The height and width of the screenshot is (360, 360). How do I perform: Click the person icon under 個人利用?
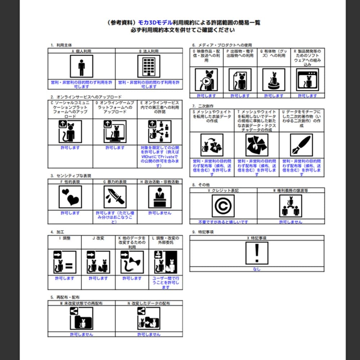point(81,66)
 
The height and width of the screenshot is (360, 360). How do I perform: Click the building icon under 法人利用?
point(149,66)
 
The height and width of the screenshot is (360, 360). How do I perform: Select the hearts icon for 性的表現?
point(70,197)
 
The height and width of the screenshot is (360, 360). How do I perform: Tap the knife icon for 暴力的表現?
point(115,197)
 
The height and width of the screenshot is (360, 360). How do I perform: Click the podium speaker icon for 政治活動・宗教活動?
point(159,197)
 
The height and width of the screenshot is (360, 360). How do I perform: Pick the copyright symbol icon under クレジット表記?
point(223,206)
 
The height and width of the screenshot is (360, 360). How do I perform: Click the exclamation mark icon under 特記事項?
point(257,253)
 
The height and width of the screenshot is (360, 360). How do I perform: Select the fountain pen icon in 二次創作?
point(301,145)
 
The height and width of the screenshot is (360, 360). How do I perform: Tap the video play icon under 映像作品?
point(206,80)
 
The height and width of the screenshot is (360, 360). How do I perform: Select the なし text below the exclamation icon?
point(257,269)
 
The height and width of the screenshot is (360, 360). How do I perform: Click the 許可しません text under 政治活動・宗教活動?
point(159,213)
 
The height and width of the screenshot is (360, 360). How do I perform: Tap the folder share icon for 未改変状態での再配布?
point(81,319)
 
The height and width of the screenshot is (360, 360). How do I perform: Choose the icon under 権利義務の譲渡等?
point(290,206)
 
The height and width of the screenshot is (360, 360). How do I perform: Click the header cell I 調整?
point(64,238)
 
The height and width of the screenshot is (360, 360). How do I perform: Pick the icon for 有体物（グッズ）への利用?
point(274,80)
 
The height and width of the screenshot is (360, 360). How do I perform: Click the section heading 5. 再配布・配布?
point(65,298)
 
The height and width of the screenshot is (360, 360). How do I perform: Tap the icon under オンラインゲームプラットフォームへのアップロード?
point(115,132)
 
